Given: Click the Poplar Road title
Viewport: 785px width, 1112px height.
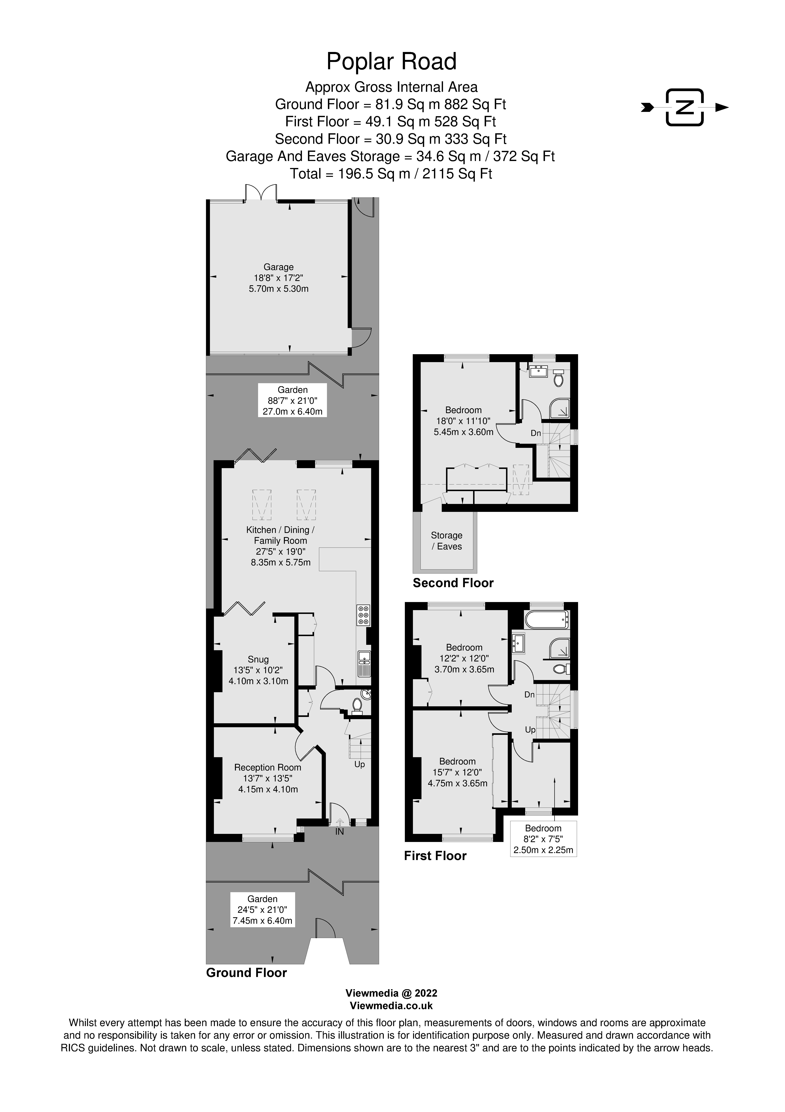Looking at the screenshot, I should (x=392, y=61).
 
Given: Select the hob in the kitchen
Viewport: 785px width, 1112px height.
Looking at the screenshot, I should (x=364, y=615).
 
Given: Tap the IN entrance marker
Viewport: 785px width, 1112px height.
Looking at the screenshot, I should (x=340, y=832).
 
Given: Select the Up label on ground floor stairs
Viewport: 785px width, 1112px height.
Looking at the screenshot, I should (x=359, y=764).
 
